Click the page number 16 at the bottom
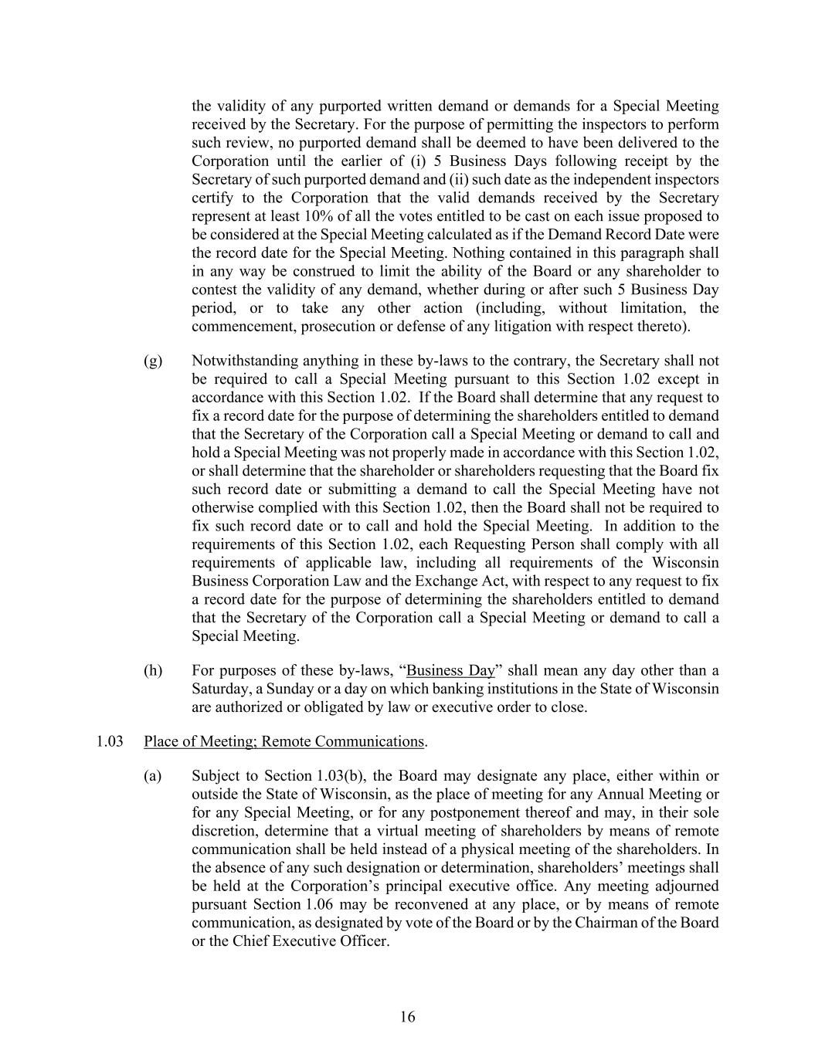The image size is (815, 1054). tap(407, 1017)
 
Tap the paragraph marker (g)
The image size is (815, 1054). tap(153, 361)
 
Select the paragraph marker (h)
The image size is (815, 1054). tap(153, 670)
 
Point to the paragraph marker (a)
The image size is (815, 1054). tap(153, 775)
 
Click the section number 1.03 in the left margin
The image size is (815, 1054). tap(110, 741)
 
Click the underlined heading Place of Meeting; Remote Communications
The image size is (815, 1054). tap(284, 741)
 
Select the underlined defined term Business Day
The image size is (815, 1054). tap(450, 670)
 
